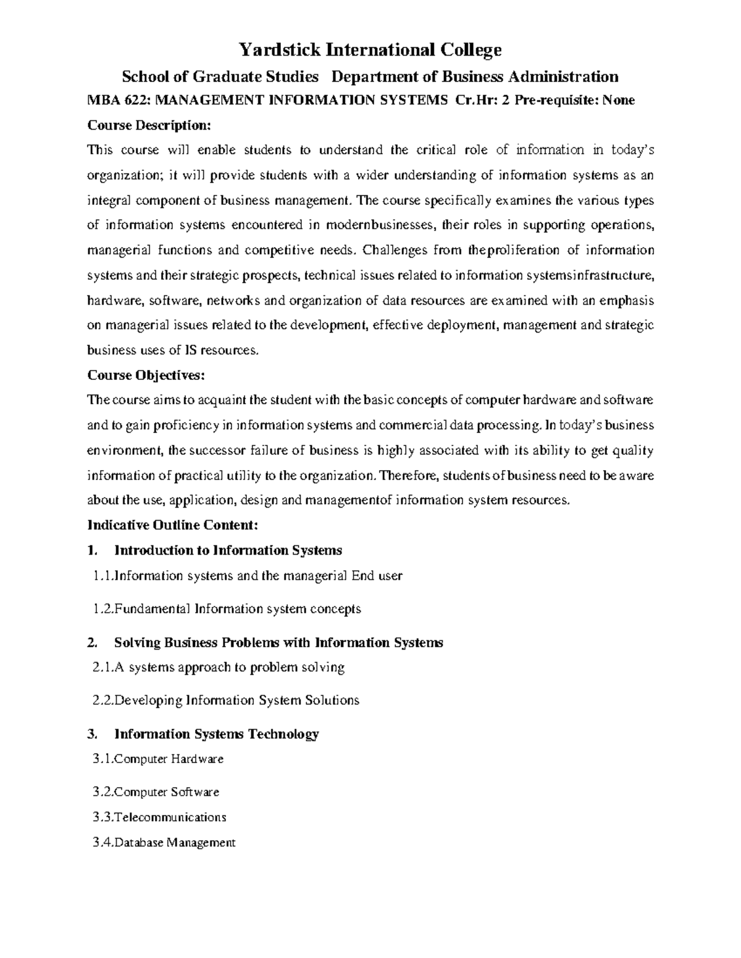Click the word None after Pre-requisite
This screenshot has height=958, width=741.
pyautogui.click(x=618, y=100)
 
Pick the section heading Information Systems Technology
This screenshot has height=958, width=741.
pyautogui.click(x=217, y=733)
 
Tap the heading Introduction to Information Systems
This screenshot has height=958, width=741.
pyautogui.click(x=228, y=550)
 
